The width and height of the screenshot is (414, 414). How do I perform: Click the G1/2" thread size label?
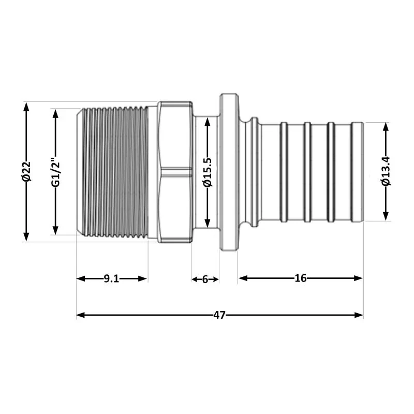tap(56, 171)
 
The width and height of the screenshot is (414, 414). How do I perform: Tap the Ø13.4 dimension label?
tap(386, 172)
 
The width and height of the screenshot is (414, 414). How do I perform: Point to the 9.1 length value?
tap(111, 279)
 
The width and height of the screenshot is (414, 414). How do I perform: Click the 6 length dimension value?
tap(205, 279)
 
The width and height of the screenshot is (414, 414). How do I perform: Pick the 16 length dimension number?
tap(300, 278)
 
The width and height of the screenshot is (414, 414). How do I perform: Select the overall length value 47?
tap(219, 315)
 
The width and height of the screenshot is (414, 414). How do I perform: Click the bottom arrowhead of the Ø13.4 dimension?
tap(386, 217)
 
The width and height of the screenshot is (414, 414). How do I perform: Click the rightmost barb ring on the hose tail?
tap(357, 172)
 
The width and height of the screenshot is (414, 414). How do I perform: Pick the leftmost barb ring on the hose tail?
tap(284, 172)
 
